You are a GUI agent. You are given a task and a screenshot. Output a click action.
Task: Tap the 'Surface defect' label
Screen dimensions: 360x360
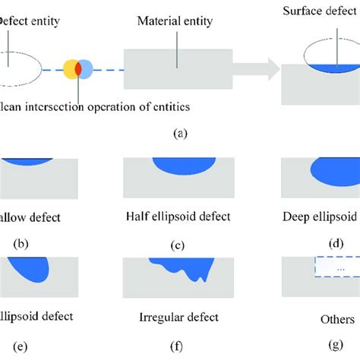[317, 11]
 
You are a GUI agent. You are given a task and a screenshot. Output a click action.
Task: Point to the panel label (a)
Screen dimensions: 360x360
[179, 132]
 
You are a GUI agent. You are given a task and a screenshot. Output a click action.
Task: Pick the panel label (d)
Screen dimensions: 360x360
[335, 244]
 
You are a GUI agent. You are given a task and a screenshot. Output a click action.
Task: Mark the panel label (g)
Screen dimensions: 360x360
[335, 348]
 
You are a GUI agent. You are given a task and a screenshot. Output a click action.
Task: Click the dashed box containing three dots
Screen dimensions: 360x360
[336, 269]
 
